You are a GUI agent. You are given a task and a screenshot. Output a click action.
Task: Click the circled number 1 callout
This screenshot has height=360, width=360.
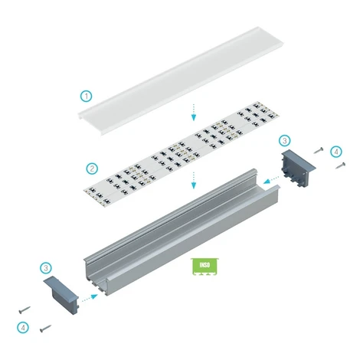[87, 97]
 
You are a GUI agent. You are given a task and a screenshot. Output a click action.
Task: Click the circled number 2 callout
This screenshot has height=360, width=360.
[92, 169]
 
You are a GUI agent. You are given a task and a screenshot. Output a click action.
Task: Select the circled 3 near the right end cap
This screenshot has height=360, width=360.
[285, 140]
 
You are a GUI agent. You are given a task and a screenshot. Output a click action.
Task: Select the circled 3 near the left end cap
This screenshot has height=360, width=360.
[46, 268]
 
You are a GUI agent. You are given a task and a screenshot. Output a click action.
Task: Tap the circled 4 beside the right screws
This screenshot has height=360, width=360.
[336, 152]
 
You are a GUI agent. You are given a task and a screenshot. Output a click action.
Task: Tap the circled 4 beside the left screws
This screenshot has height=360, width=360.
[23, 328]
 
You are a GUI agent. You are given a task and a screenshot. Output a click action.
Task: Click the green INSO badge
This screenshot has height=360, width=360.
[205, 267]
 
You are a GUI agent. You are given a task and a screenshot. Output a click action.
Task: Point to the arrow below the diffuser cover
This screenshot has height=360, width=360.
[194, 112]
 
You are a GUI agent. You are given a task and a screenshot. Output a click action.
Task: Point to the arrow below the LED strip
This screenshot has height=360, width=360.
[194, 180]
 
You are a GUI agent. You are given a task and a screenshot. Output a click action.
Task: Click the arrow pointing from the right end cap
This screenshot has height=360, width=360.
[271, 179]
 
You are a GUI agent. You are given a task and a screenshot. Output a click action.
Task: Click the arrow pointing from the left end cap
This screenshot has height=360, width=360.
[89, 298]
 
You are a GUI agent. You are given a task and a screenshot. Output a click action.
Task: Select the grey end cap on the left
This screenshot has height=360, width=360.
[61, 295]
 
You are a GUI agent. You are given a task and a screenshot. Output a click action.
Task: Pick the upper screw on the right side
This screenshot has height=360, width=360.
[319, 150]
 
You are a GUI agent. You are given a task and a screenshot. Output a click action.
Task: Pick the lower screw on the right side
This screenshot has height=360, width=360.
[341, 165]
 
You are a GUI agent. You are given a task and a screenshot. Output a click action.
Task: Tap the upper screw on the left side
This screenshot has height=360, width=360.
[25, 310]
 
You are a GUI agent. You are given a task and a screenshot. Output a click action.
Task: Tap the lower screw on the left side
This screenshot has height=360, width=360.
[45, 329]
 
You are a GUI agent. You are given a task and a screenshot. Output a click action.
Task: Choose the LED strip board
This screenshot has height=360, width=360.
[182, 154]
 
